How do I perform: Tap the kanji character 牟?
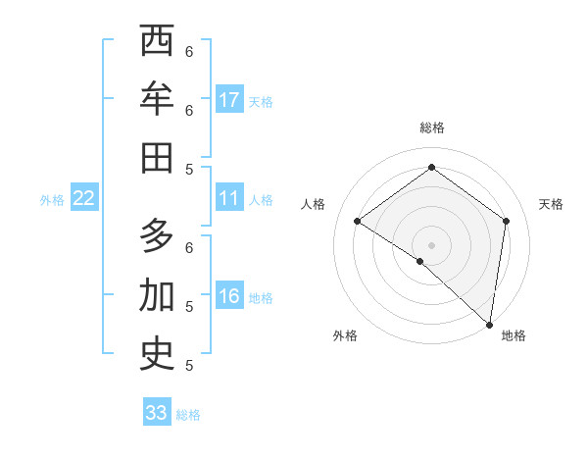point(157,100)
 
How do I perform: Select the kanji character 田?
point(157,158)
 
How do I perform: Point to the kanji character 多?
point(157,236)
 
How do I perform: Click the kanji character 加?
point(157,295)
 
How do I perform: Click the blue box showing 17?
point(229,100)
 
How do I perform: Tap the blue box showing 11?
point(229,199)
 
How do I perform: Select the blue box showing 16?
point(229,297)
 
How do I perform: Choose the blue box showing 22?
point(84,199)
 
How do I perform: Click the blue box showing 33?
point(157,413)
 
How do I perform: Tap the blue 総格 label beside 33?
point(189,415)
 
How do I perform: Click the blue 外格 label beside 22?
point(52,200)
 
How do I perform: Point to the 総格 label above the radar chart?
point(432,128)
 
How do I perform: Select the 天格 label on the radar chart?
point(551,204)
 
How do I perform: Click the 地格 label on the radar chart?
point(514,335)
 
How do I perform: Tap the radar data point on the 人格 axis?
point(358,221)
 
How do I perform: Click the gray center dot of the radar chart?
point(432,244)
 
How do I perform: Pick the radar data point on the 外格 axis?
point(420,261)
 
